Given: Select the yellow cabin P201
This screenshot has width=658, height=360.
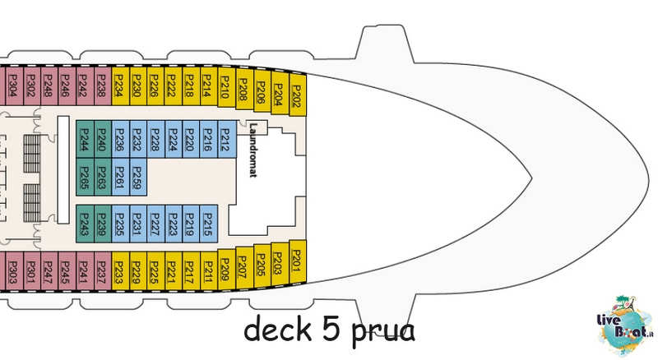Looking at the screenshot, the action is coord(298,261).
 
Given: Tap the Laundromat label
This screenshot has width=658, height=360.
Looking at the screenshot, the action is coord(253,150).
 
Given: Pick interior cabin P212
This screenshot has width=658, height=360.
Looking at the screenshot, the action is coord(227,139).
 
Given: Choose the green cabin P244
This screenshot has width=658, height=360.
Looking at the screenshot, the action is coord(85,139).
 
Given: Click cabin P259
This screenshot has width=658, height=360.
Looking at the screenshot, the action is coord(138,177).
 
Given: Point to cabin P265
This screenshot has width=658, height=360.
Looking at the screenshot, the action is coord(85,177).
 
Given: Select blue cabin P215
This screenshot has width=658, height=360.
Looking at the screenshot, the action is coord(209,224).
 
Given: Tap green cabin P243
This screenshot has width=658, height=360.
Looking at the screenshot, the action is coord(85,224).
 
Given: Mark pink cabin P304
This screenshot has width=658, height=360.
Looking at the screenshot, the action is coord(13,86).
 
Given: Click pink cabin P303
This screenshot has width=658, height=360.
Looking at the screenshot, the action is coord(13,271).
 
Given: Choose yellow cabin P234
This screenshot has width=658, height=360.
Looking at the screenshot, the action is coord(120,86).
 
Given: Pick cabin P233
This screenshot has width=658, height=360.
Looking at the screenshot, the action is coord(120,271).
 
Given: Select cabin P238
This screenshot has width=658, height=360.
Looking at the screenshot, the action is coord(102,86).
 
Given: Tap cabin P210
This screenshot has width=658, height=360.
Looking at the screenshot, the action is coord(227,87).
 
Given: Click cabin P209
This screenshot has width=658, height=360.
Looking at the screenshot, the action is coord(227,270).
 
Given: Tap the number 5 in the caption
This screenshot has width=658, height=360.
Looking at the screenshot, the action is coord(331,329).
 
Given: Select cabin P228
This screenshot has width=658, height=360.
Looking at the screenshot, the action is coord(155,139).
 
